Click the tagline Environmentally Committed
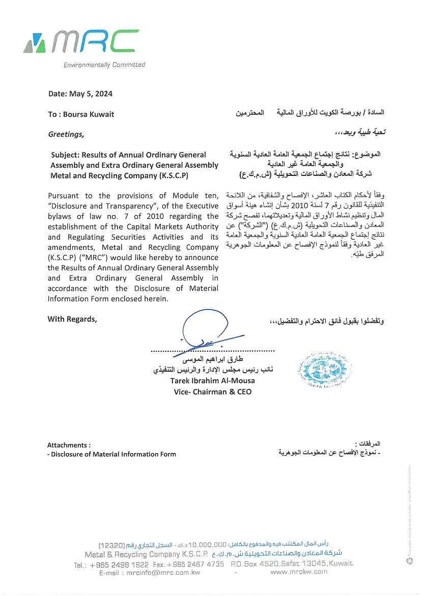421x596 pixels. pyautogui.click(x=104, y=65)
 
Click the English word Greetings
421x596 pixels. pyautogui.click(x=66, y=135)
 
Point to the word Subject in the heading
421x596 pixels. pyautogui.click(x=66, y=155)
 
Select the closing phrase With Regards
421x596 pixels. pyautogui.click(x=72, y=319)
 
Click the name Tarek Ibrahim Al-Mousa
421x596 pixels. pyautogui.click(x=212, y=381)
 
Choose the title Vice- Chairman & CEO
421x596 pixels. pyautogui.click(x=212, y=392)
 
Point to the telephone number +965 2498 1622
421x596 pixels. pyautogui.click(x=119, y=564)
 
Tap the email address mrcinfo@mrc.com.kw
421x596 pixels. pyautogui.click(x=164, y=573)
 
